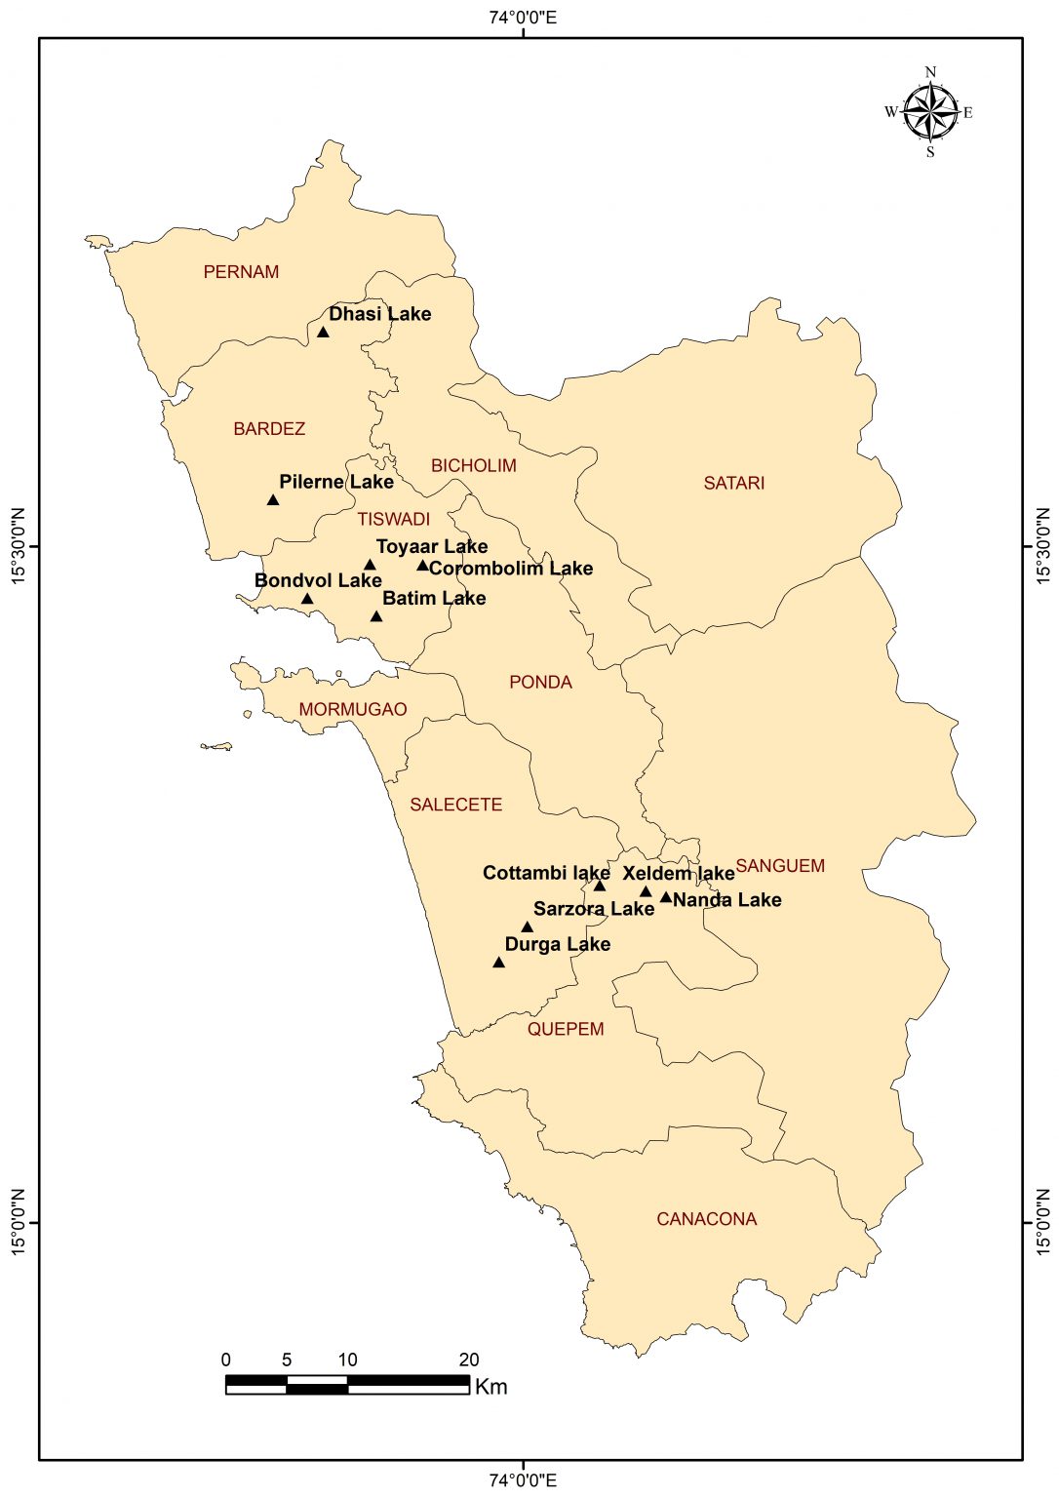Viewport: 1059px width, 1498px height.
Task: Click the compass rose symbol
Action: pyautogui.click(x=930, y=112)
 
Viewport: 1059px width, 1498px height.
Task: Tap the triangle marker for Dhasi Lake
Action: pyautogui.click(x=323, y=333)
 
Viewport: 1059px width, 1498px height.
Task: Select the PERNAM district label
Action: pyautogui.click(x=241, y=272)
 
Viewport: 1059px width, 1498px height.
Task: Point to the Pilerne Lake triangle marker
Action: pyautogui.click(x=273, y=500)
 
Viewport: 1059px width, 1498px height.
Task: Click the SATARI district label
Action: pyautogui.click(x=734, y=483)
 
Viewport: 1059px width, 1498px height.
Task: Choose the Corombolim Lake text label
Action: pyautogui.click(x=511, y=569)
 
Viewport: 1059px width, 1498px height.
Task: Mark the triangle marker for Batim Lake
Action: pyautogui.click(x=376, y=616)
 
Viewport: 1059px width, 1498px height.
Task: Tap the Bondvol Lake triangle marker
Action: pyautogui.click(x=307, y=599)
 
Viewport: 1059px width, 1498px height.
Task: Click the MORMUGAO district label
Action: pyautogui.click(x=353, y=709)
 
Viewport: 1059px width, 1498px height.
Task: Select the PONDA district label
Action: pyautogui.click(x=540, y=682)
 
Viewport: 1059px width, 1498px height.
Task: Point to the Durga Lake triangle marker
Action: pyautogui.click(x=498, y=963)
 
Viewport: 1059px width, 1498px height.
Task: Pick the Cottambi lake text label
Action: pyautogui.click(x=546, y=873)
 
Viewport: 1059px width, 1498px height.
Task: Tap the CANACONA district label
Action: pyautogui.click(x=706, y=1219)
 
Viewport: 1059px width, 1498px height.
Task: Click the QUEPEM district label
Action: pyautogui.click(x=566, y=1029)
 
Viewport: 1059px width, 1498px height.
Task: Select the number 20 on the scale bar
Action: pyautogui.click(x=468, y=1360)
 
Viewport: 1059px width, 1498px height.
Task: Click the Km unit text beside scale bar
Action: pyautogui.click(x=490, y=1386)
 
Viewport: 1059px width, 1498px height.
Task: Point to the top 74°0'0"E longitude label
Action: pyautogui.click(x=524, y=17)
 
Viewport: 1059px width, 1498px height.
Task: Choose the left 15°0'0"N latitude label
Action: pyautogui.click(x=19, y=1222)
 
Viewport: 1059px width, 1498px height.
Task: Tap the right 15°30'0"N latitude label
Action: pyautogui.click(x=1042, y=547)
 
